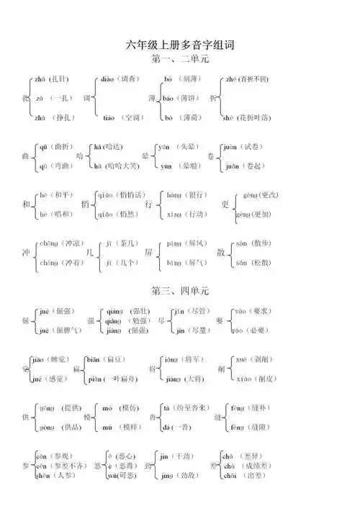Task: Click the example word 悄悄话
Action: click(130, 194)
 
